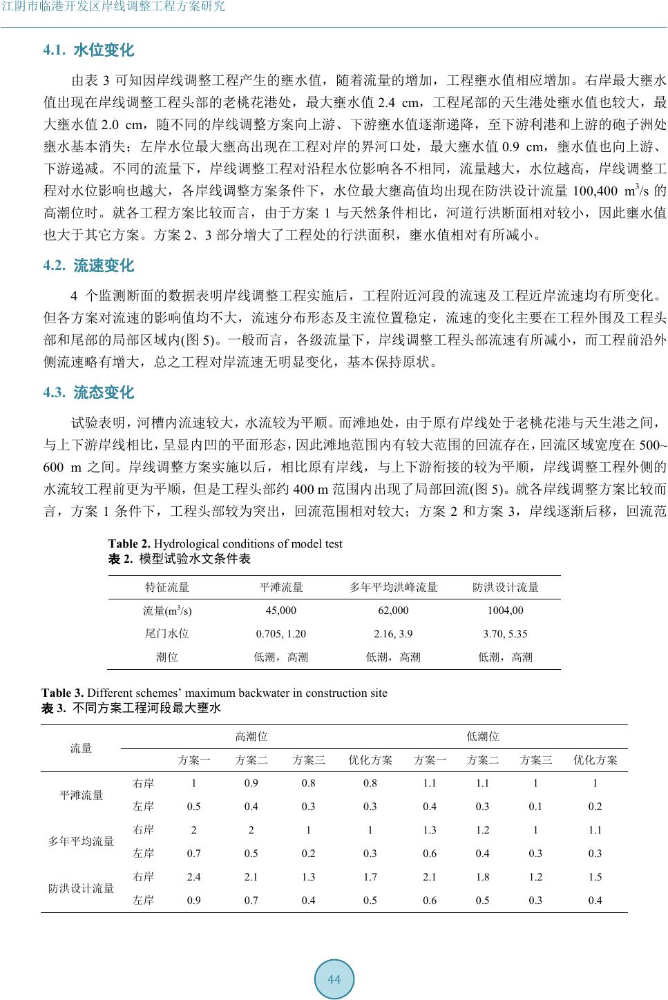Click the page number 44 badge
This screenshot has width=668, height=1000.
[x=334, y=979]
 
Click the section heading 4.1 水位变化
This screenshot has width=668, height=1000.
[x=88, y=50]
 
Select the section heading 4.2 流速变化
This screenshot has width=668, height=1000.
[x=88, y=266]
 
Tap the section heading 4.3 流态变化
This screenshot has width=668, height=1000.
[x=88, y=393]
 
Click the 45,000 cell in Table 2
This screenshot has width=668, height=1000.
[x=281, y=610]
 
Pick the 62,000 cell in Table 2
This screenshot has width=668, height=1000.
[x=393, y=610]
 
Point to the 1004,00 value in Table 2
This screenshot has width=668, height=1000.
[x=505, y=610]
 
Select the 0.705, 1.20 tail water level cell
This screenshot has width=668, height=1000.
[x=281, y=634]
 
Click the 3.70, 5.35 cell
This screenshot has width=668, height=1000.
[x=505, y=634]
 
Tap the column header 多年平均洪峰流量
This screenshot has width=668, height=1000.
[x=393, y=588]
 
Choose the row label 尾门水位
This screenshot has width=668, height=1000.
[x=167, y=634]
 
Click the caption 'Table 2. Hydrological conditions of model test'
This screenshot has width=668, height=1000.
[x=225, y=544]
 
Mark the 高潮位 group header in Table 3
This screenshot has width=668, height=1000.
[x=251, y=737]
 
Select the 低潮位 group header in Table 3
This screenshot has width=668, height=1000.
[x=483, y=737]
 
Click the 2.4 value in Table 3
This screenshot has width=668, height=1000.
[x=194, y=877]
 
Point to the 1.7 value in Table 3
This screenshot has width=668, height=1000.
[x=370, y=877]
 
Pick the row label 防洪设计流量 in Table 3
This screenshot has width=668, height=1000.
[x=81, y=888]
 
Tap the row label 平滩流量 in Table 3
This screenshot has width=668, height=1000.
[x=81, y=795]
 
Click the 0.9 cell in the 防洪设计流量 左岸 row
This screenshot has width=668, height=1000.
[x=194, y=900]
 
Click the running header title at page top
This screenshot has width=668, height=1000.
[x=115, y=8]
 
